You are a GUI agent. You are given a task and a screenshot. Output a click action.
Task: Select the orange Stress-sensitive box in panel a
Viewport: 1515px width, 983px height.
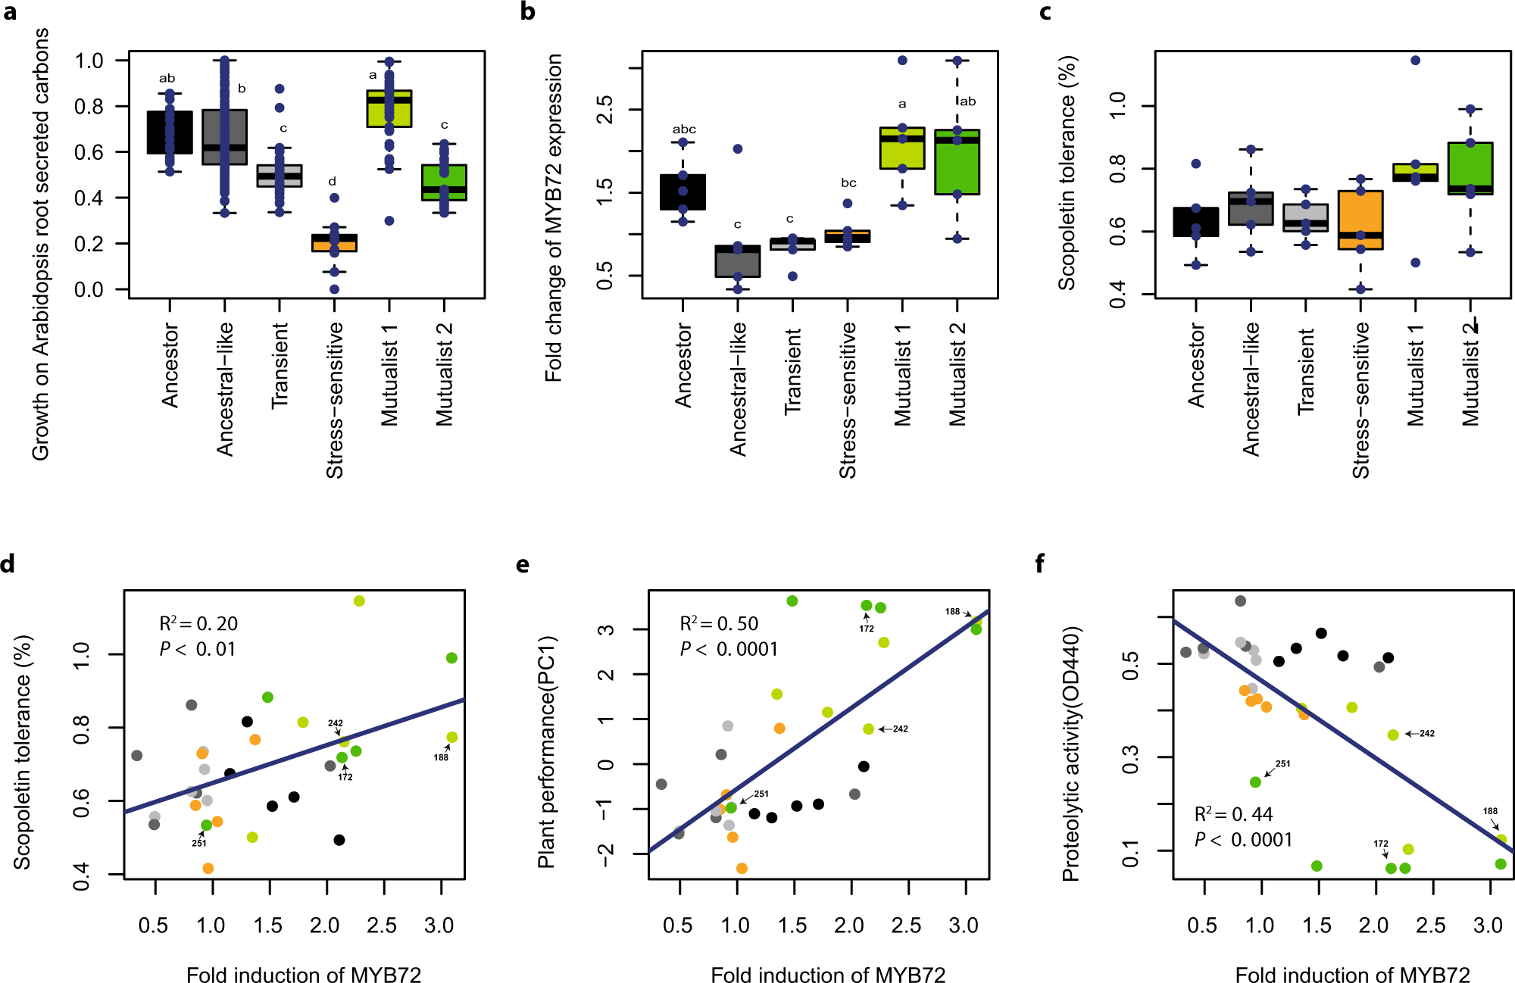click(x=334, y=243)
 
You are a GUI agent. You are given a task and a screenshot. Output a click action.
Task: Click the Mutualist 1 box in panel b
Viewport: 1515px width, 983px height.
click(x=902, y=148)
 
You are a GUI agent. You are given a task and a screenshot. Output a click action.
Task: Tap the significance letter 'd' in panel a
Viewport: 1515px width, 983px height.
click(x=332, y=182)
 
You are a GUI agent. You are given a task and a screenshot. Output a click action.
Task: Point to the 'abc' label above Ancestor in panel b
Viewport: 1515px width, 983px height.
click(x=684, y=130)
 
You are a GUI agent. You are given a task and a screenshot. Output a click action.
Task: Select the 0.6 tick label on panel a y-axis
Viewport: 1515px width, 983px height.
click(x=89, y=152)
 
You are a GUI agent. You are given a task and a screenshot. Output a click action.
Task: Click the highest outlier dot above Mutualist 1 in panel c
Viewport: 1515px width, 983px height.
click(x=1415, y=61)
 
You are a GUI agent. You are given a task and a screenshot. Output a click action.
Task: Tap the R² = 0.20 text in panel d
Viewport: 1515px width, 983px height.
click(x=198, y=623)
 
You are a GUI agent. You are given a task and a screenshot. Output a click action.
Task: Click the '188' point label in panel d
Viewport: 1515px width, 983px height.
click(x=441, y=757)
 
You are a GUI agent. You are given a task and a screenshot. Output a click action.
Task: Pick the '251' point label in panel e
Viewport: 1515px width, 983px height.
click(x=761, y=794)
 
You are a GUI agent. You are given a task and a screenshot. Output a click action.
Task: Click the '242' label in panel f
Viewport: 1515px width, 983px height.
click(x=1427, y=733)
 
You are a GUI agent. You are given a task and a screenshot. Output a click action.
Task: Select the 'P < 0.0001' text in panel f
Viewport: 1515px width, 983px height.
click(x=1243, y=840)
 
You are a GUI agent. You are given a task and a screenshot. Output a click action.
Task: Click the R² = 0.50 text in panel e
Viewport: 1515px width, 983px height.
click(x=719, y=623)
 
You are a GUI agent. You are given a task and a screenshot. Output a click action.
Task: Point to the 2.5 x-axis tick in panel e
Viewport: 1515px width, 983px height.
click(x=906, y=925)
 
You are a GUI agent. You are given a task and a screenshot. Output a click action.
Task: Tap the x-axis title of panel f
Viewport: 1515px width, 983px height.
click(x=1352, y=975)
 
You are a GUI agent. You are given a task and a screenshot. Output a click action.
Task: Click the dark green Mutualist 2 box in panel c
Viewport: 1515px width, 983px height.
click(x=1470, y=168)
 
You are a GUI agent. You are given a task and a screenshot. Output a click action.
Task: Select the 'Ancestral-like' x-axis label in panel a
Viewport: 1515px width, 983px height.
click(x=225, y=389)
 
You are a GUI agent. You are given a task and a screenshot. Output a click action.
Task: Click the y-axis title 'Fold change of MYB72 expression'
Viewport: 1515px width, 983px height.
click(x=554, y=218)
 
